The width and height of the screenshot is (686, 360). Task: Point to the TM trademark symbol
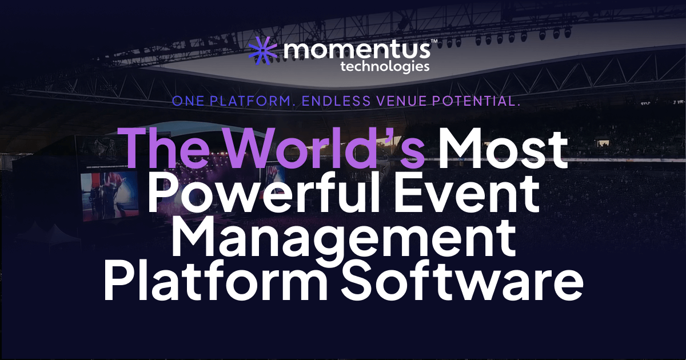(x=434, y=42)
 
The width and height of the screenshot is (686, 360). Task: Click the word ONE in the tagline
(x=189, y=102)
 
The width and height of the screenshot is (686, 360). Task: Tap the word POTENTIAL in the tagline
(x=481, y=102)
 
